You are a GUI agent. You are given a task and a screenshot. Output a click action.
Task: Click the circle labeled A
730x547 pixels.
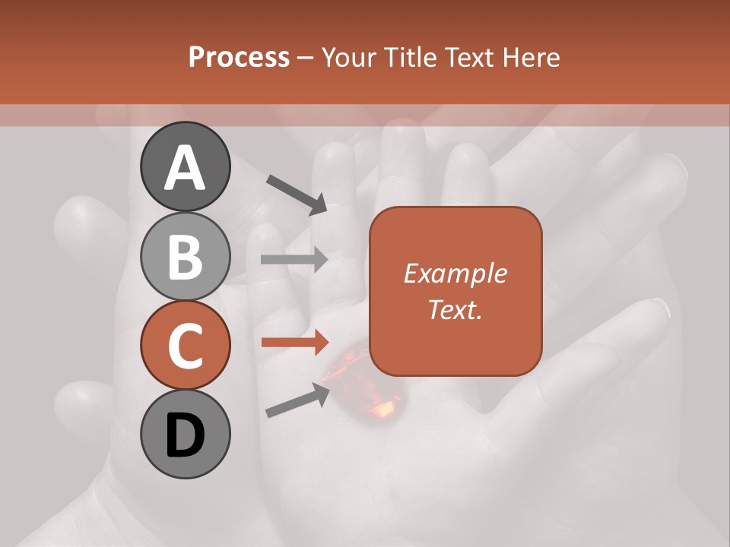185,166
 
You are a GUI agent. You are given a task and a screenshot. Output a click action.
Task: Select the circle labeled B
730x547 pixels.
185,256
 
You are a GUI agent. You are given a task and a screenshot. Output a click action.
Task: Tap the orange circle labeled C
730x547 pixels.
185,345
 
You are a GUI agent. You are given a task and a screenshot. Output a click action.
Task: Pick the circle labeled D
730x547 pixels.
185,434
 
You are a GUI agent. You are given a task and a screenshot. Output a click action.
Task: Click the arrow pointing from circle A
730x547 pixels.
297,194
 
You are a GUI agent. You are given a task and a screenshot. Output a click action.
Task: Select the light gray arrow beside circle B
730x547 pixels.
294,259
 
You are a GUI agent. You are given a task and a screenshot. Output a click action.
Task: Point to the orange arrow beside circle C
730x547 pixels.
294,343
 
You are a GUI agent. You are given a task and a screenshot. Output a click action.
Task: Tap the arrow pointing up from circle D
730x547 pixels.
297,400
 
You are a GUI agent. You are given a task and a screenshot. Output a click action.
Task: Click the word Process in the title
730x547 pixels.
239,57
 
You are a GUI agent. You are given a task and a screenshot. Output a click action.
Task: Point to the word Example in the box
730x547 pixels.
455,273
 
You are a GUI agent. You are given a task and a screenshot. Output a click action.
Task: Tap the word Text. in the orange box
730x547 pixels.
455,309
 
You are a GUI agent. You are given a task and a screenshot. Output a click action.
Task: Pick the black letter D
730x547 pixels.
185,436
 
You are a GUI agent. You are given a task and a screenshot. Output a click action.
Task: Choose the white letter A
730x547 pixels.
185,168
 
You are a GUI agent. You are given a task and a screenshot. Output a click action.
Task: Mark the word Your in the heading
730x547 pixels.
348,57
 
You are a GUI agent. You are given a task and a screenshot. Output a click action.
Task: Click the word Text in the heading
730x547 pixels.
465,57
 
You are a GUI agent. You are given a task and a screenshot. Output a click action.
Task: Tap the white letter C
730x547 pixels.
185,346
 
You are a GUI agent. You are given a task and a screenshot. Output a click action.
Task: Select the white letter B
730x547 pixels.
185,257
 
